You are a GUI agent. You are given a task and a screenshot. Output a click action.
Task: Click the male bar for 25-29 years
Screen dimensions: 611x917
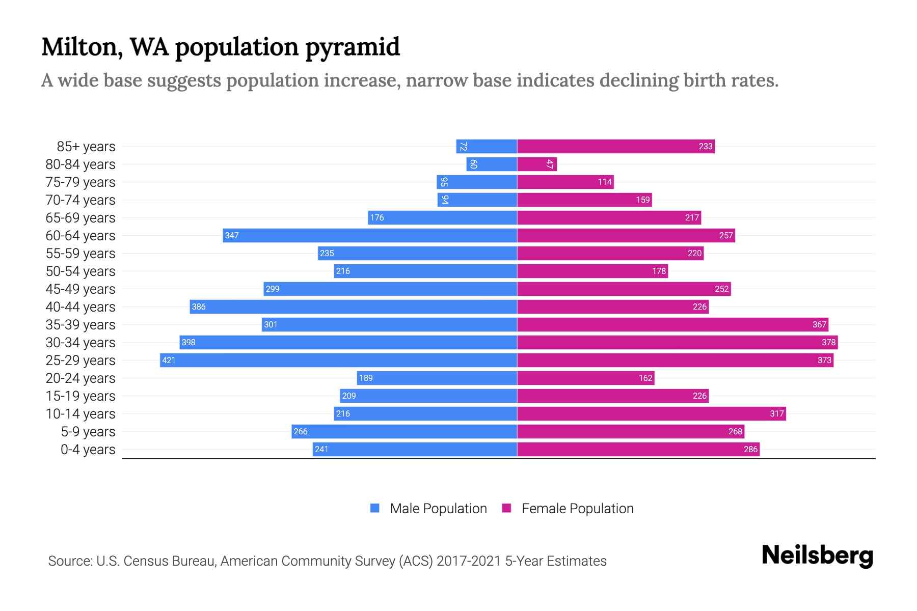coord(339,360)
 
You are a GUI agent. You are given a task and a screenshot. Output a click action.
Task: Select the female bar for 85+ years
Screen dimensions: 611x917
coord(616,147)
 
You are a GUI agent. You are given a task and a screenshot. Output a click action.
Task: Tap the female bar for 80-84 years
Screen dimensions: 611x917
coord(537,164)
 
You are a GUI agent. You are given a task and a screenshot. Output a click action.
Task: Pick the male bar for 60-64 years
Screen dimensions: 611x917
coord(370,236)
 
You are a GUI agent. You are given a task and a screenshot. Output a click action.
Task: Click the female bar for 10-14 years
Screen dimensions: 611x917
coord(652,414)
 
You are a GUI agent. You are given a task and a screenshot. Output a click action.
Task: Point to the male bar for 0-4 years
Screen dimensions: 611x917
coord(415,450)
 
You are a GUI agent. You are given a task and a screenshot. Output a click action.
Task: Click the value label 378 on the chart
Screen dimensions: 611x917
coord(828,343)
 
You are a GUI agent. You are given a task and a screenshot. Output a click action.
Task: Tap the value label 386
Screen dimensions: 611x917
coord(199,307)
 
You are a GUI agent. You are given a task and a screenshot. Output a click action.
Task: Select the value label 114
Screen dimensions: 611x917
coord(605,182)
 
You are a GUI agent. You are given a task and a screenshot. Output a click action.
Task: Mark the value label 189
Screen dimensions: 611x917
coord(366,378)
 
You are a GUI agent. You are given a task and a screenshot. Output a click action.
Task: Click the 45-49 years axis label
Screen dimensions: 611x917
coord(80,289)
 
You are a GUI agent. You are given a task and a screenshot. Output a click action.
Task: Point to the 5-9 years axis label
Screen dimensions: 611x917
coord(88,432)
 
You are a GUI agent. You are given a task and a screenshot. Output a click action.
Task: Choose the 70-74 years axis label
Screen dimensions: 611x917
coord(80,200)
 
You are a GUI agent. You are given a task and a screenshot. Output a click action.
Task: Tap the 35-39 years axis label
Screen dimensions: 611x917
coord(80,325)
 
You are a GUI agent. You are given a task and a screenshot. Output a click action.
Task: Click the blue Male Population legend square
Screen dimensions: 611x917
coord(375,508)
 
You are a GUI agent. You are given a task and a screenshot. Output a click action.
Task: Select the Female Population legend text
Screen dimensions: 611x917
coord(577,509)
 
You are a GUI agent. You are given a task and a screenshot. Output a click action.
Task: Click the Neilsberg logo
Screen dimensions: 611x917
coord(817,556)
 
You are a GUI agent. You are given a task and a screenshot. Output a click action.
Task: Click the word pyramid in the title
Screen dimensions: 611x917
coord(353,47)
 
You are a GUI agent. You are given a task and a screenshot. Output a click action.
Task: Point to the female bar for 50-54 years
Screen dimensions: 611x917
coord(592,271)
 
